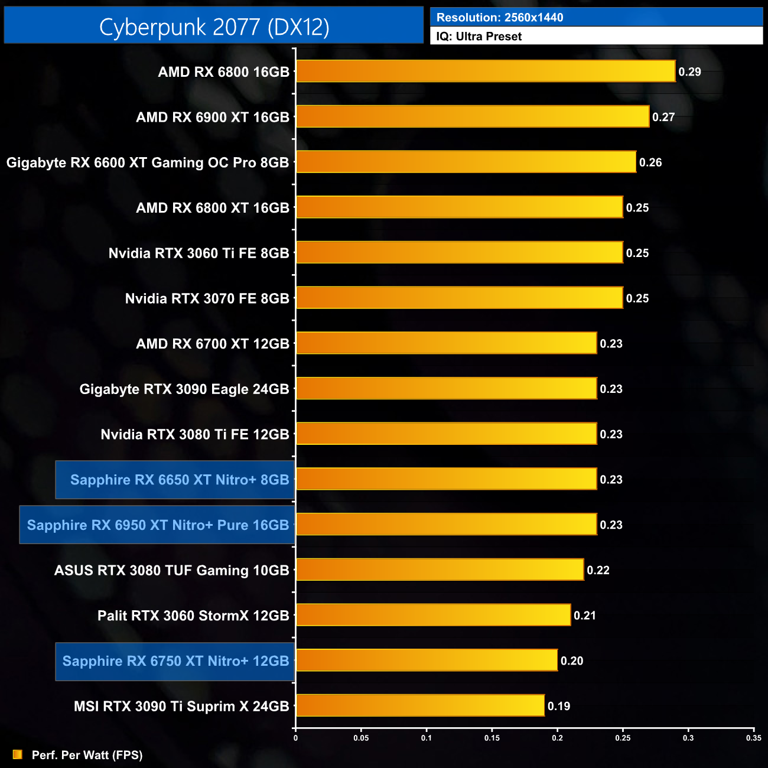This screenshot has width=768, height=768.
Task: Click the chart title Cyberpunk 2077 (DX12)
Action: pyautogui.click(x=214, y=27)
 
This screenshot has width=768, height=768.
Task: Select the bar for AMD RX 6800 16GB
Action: pyautogui.click(x=485, y=71)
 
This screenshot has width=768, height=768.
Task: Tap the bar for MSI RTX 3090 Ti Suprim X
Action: pyautogui.click(x=420, y=705)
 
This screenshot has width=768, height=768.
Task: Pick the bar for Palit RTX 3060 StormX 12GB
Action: pyautogui.click(x=433, y=615)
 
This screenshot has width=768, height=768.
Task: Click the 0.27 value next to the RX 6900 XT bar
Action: pyautogui.click(x=663, y=117)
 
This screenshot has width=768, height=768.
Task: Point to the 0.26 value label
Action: pyautogui.click(x=650, y=162)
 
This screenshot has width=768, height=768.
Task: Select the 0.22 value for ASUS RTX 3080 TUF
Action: pyautogui.click(x=598, y=570)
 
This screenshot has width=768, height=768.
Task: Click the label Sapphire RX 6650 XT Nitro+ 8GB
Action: pyautogui.click(x=180, y=480)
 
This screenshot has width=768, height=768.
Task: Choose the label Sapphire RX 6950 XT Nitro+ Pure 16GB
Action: pyautogui.click(x=158, y=525)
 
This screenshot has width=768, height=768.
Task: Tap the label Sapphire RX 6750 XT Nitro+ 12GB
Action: pyautogui.click(x=175, y=661)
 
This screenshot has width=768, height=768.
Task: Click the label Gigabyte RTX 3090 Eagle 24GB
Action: pyautogui.click(x=184, y=389)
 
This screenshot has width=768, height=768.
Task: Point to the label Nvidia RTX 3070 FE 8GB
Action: pyautogui.click(x=207, y=298)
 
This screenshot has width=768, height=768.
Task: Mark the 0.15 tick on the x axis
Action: pyautogui.click(x=492, y=738)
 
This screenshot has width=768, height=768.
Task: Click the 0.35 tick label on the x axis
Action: pyautogui.click(x=753, y=738)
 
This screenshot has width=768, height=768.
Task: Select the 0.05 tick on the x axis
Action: pyautogui.click(x=361, y=738)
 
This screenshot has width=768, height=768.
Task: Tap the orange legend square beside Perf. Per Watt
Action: pyautogui.click(x=18, y=754)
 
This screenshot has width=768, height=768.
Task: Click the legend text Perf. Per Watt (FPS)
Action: pyautogui.click(x=87, y=755)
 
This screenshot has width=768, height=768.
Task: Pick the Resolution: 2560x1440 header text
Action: pyautogui.click(x=499, y=17)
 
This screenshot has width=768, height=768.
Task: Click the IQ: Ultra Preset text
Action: pyautogui.click(x=479, y=36)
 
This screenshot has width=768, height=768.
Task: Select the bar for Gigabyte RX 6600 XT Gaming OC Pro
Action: pyautogui.click(x=466, y=162)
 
